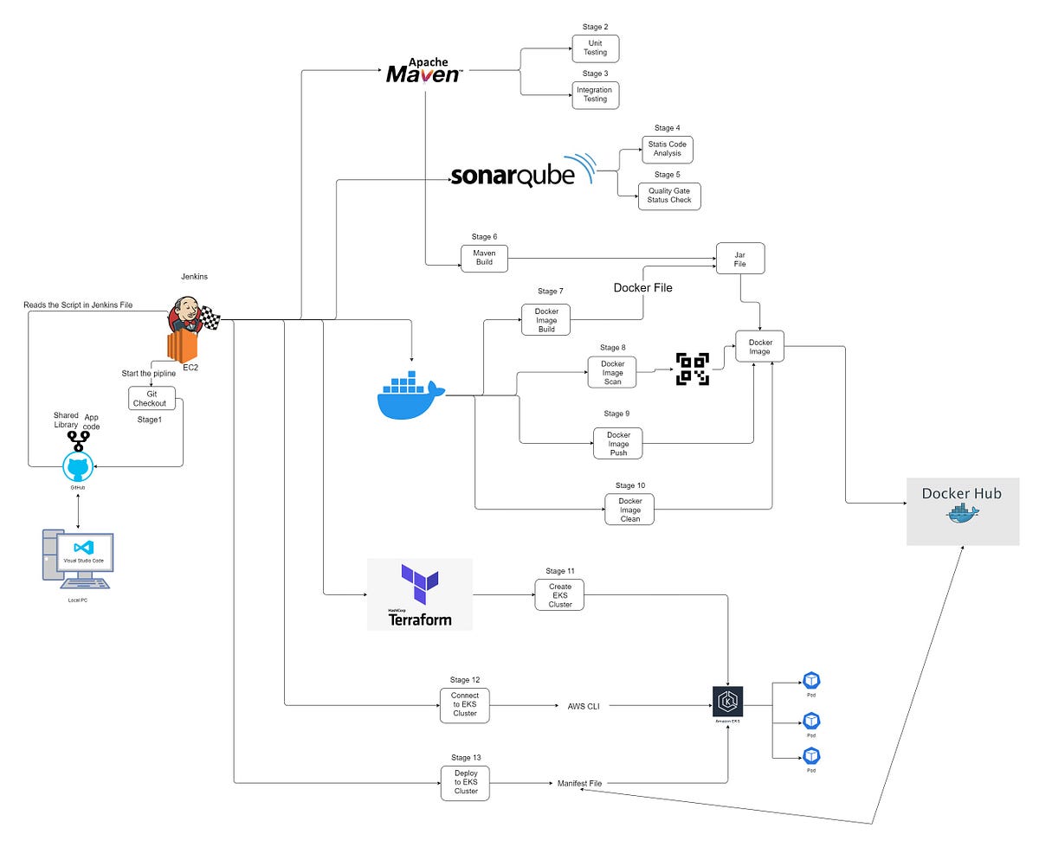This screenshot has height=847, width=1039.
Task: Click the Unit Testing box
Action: [x=596, y=47]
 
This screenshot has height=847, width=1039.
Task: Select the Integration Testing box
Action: [x=596, y=93]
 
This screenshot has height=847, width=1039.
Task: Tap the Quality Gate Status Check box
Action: [x=669, y=195]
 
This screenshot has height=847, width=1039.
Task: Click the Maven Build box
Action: [x=484, y=257]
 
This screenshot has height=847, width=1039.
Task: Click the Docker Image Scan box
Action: [x=611, y=372]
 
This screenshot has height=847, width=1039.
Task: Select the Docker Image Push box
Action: [x=617, y=442]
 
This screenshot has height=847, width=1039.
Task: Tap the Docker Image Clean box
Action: [x=629, y=509]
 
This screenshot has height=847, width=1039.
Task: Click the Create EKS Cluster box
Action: [x=559, y=595]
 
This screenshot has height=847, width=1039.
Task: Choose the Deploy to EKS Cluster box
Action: [x=465, y=781]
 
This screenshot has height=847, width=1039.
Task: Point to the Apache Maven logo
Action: [x=423, y=70]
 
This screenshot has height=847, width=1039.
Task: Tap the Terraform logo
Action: [x=419, y=594]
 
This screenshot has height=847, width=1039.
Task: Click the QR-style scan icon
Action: [x=693, y=369]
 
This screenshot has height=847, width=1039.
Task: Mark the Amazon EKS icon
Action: [x=727, y=702]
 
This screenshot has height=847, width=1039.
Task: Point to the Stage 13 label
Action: [x=466, y=757]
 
